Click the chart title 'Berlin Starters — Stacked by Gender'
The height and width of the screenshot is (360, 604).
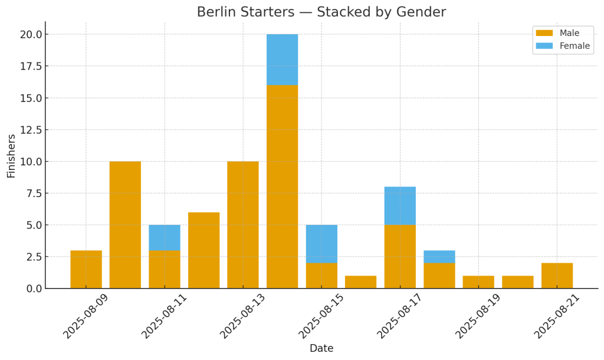click(321, 12)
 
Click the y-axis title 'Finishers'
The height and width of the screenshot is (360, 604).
click(11, 156)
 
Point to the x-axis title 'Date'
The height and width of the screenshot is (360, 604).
click(321, 349)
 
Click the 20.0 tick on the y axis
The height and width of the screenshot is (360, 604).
click(31, 34)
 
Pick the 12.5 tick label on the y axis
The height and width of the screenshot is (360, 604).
click(31, 130)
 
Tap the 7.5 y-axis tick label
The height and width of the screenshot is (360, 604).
click(34, 193)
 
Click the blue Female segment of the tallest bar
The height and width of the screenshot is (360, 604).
click(282, 60)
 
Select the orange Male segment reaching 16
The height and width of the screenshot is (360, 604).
click(282, 186)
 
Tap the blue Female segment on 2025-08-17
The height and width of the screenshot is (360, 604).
click(400, 205)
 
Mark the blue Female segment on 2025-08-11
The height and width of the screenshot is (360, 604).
click(165, 237)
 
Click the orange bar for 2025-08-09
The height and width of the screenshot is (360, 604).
click(86, 269)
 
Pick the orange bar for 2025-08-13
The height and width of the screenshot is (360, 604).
click(243, 225)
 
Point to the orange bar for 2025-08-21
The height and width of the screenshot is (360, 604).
click(557, 276)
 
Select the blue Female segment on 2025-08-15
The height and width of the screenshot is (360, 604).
click(321, 244)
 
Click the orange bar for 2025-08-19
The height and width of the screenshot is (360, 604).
click(478, 282)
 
